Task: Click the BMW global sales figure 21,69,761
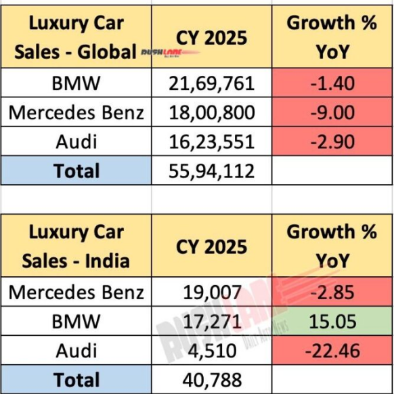click(x=212, y=83)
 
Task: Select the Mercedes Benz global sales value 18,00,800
click(x=212, y=112)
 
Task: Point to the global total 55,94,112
click(x=212, y=171)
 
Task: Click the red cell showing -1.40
click(x=331, y=83)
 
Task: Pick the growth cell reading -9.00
click(x=331, y=112)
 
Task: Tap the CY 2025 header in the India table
click(x=212, y=246)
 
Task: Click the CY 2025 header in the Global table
click(x=212, y=37)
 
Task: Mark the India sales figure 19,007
click(x=212, y=292)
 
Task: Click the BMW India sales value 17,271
click(x=212, y=322)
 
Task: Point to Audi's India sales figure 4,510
click(x=212, y=351)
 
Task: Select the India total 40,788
click(x=212, y=380)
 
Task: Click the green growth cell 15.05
click(x=331, y=322)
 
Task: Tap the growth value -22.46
click(x=331, y=351)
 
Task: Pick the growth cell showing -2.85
click(x=331, y=292)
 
